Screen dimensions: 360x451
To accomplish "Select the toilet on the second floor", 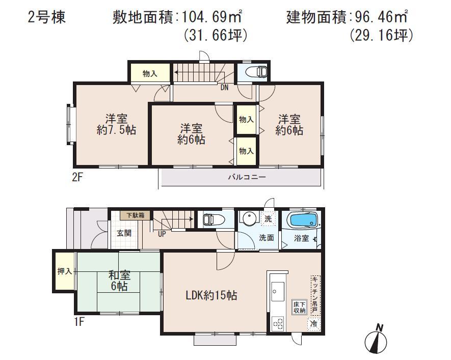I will pos(256,72).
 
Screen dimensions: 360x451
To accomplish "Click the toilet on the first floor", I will pos(210,219).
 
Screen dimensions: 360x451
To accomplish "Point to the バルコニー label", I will pos(247,178).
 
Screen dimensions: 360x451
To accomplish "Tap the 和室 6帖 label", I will pos(119,281).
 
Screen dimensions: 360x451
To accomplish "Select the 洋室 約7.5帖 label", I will pos(117,124).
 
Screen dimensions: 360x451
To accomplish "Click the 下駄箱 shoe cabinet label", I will pos(136,215).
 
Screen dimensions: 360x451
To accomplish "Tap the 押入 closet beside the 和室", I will pos(65,271).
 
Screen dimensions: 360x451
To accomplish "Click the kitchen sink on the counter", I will pos(278,291).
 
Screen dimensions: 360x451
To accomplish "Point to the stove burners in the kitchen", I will pos(279,322).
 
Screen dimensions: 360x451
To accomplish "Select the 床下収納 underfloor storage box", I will pos(299,307).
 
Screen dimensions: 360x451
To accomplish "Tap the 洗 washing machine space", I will pos(268,219).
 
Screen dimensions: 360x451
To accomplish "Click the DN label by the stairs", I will pos(224,87).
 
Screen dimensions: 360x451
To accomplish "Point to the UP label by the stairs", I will pos(163,234).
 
